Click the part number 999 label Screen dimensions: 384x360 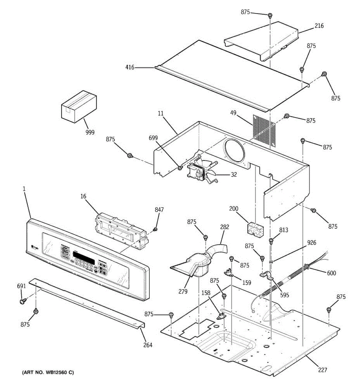pyautogui.click(x=90, y=132)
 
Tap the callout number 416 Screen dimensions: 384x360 pyautogui.click(x=130, y=68)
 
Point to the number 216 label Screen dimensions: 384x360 pyautogui.click(x=319, y=26)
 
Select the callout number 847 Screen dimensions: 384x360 pyautogui.click(x=159, y=210)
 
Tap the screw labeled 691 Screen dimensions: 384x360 pyautogui.click(x=23, y=301)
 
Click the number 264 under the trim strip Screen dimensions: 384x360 pyautogui.click(x=148, y=345)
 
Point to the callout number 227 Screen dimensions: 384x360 pyautogui.click(x=323, y=370)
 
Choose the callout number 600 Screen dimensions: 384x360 pyautogui.click(x=331, y=273)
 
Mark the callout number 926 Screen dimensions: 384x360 pyautogui.click(x=311, y=243)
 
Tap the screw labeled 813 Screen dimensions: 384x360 pyautogui.click(x=271, y=240)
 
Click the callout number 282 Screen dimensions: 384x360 pyautogui.click(x=225, y=227)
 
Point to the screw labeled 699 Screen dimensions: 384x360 pyautogui.click(x=180, y=167)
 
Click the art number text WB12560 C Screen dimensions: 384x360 pyautogui.click(x=48, y=372)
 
